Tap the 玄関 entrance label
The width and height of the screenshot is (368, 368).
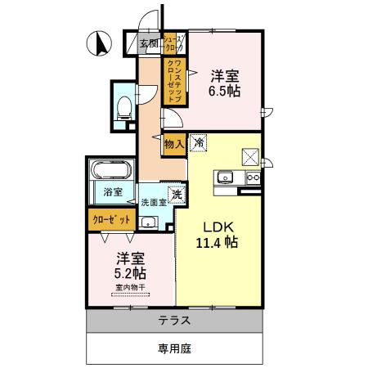148,44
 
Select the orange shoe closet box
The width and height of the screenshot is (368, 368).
171,43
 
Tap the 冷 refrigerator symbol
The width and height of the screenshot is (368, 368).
199,144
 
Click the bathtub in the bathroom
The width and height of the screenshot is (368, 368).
110,172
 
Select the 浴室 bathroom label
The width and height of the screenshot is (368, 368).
113,193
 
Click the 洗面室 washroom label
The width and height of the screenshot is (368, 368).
152,202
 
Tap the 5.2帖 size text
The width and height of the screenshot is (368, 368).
128,273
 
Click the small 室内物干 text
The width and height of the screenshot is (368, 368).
129,288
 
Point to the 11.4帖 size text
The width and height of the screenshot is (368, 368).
216,243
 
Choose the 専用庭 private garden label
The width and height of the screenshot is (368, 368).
174,348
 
